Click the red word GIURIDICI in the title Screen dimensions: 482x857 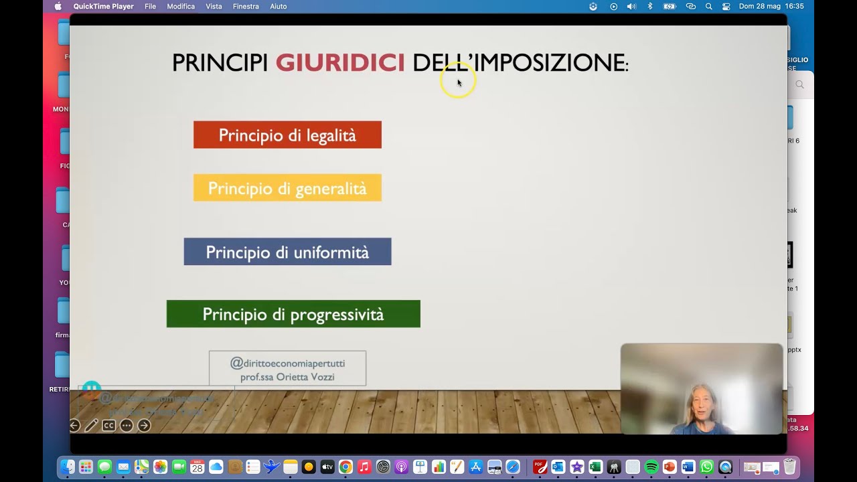(340, 63)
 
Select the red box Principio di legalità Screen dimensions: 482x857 (287, 135)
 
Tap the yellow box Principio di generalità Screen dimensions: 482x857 (287, 188)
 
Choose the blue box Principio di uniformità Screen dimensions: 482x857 (287, 252)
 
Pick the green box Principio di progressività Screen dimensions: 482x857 (293, 314)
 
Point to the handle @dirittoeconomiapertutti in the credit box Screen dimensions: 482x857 (288, 363)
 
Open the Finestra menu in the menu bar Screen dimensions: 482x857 (246, 7)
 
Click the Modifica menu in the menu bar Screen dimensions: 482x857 (181, 7)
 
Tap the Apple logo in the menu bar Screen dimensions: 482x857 (58, 7)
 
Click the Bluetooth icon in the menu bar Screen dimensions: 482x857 (649, 7)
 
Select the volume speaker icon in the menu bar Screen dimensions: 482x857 (631, 7)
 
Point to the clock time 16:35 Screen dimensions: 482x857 (794, 7)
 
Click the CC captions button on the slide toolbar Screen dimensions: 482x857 (108, 425)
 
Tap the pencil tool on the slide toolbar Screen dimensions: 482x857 (91, 425)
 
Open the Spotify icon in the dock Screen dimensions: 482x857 (651, 467)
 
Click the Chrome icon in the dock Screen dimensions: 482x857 (345, 467)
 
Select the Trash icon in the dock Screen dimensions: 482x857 (790, 467)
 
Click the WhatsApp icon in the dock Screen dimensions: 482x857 (706, 467)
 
